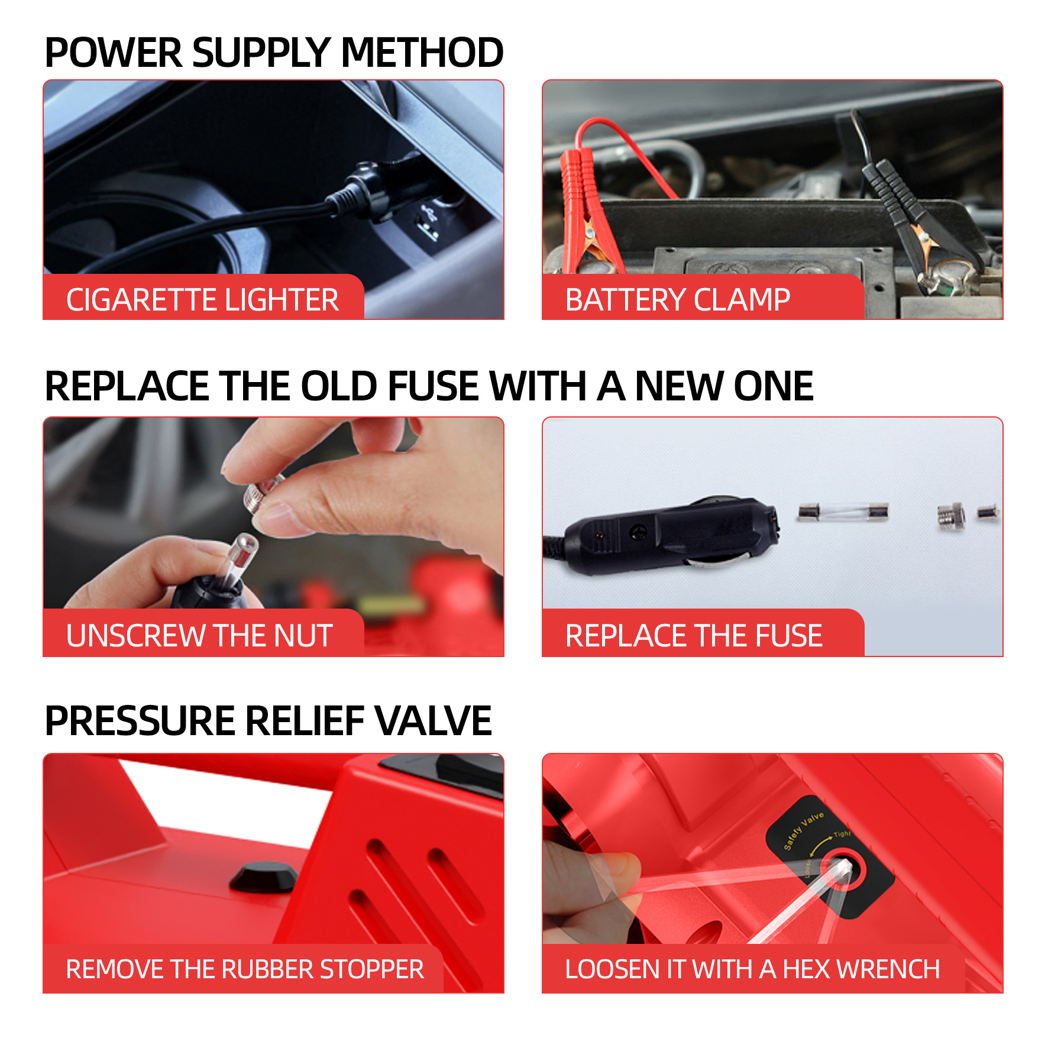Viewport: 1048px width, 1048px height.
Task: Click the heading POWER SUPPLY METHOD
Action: click(x=274, y=52)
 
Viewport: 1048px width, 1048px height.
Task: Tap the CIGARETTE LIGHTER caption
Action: click(x=202, y=299)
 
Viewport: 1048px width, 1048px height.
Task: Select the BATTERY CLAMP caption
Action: click(x=677, y=299)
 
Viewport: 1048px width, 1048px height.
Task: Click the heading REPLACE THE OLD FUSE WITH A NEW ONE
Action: click(x=429, y=386)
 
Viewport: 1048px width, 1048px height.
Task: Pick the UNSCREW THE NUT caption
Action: click(x=199, y=636)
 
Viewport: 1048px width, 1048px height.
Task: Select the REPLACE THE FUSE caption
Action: click(x=694, y=636)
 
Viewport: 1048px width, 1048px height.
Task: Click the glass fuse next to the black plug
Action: click(x=843, y=512)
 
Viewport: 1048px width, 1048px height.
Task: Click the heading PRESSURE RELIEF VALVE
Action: click(x=268, y=721)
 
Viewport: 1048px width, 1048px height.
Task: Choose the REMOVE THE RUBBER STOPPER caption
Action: click(x=245, y=969)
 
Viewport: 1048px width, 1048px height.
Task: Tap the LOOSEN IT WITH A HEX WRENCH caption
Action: click(x=752, y=969)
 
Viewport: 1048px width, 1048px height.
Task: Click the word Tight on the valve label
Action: click(x=842, y=834)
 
